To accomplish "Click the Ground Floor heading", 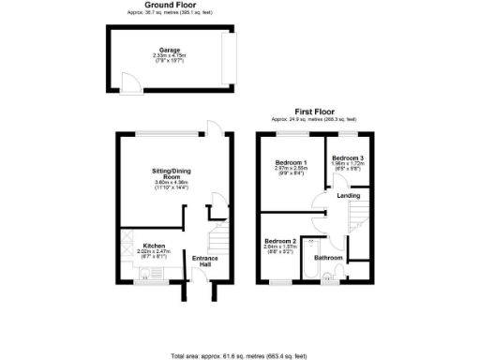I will pos(171,5).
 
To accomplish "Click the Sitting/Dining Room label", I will pos(170,172).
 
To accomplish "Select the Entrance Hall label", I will pos(204,260).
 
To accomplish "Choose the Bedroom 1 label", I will pos(290,164).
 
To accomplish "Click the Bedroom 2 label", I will pos(281,242).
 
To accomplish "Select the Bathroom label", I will pos(327,258).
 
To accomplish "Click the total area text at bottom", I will pos(238,355).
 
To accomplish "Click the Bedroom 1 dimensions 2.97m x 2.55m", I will pos(290,171).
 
